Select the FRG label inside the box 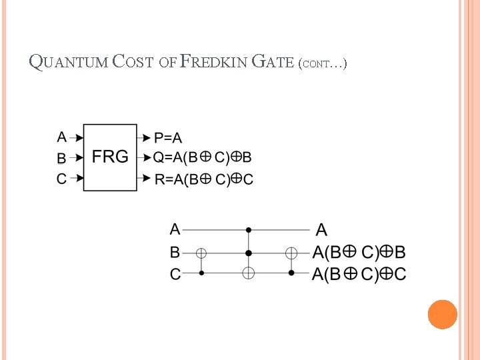tap(110, 157)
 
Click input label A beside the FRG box tap(62, 137)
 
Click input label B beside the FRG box tap(62, 159)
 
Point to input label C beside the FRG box tap(62, 179)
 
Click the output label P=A tap(168, 138)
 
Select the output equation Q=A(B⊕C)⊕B tap(203, 158)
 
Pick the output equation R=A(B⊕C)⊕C tap(204, 179)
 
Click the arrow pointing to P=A tap(144, 138)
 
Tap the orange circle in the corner tap(443, 314)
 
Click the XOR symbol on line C tap(248, 273)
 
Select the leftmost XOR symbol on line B tap(201, 253)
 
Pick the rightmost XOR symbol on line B tap(291, 253)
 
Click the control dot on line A tap(248, 230)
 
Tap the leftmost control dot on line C tap(201, 273)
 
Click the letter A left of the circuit tap(175, 230)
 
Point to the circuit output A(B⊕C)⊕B tap(359, 253)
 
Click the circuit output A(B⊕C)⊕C tap(359, 274)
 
